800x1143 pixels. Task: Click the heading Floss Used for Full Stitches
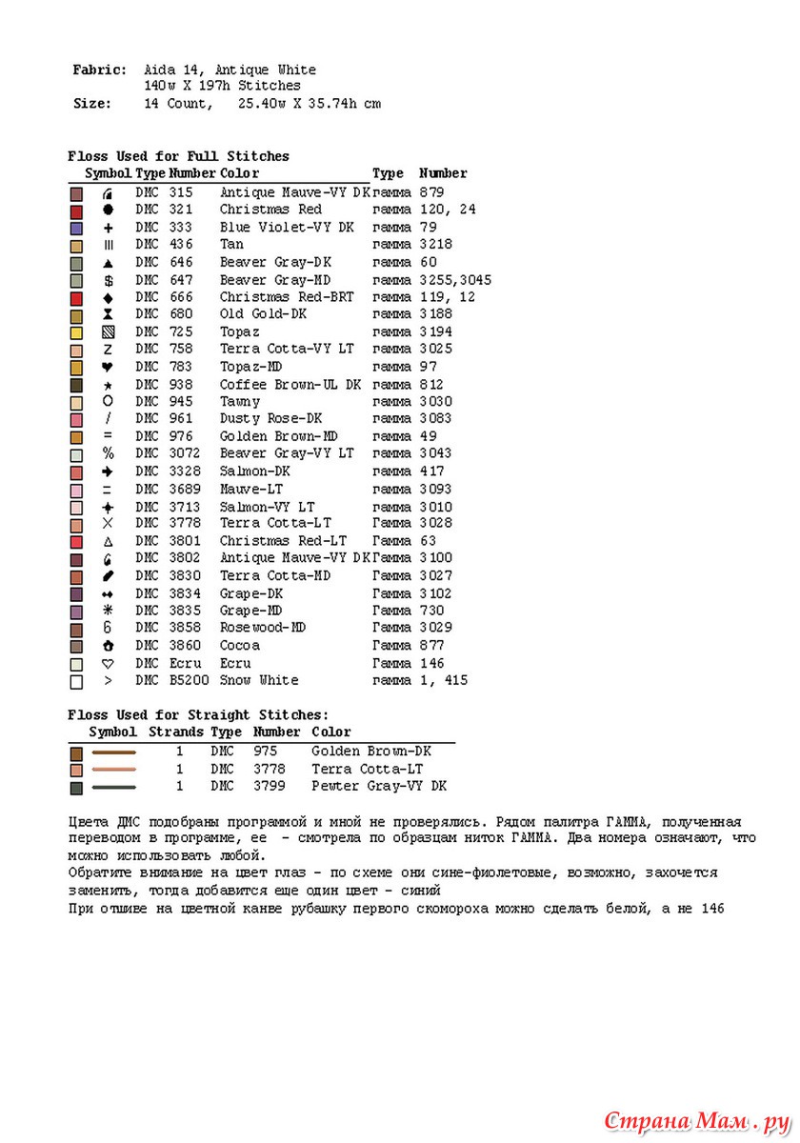point(178,156)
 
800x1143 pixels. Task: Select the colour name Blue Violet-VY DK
point(287,227)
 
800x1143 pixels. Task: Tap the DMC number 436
point(181,245)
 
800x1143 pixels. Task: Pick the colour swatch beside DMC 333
point(77,229)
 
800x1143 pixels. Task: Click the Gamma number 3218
point(435,245)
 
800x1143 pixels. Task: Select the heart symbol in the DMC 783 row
point(109,367)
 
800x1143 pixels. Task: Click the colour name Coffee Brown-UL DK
point(290,385)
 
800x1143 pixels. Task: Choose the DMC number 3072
point(185,453)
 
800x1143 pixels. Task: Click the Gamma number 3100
point(435,558)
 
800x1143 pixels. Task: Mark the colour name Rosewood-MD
point(263,628)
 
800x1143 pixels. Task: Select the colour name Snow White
point(259,680)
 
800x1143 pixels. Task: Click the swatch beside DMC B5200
point(77,682)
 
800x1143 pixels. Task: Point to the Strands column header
point(175,732)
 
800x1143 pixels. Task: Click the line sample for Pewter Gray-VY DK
point(113,788)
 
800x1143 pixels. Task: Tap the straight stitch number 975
point(265,751)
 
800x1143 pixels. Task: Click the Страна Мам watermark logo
point(697,1117)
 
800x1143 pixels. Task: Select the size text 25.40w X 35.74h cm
point(309,104)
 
